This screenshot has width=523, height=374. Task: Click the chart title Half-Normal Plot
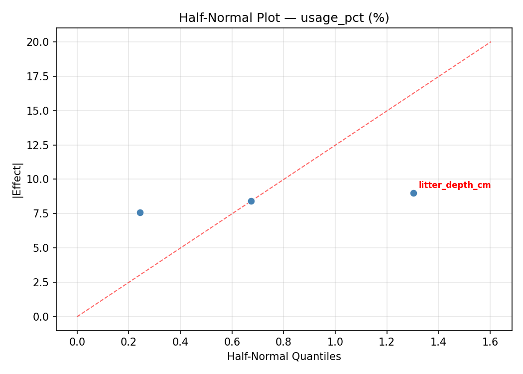(x=284, y=18)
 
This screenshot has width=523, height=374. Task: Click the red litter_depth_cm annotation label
(x=454, y=186)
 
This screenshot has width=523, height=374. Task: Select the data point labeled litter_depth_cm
(x=413, y=193)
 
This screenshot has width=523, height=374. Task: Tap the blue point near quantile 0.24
(x=140, y=212)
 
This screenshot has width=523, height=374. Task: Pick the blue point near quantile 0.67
(x=251, y=201)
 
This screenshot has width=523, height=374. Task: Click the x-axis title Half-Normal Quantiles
(x=284, y=357)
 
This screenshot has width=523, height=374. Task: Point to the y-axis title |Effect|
(x=18, y=180)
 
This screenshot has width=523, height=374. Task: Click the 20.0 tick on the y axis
(x=38, y=42)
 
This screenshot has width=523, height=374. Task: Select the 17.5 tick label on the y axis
(x=38, y=76)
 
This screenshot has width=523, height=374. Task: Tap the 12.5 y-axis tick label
(x=38, y=145)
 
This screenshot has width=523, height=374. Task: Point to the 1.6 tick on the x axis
(x=490, y=342)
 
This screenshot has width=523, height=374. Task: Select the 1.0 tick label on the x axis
(x=335, y=342)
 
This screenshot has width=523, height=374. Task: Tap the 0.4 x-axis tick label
(x=180, y=342)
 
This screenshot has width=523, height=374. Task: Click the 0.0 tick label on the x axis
(x=77, y=342)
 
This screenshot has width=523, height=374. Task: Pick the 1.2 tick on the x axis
(x=387, y=342)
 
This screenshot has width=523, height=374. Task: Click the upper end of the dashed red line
(x=491, y=42)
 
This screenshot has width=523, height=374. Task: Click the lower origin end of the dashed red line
(x=77, y=317)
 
